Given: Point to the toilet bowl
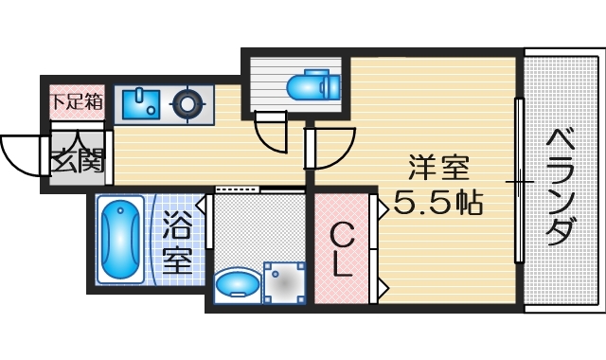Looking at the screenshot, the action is pos(309,86).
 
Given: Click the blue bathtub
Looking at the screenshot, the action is pos(121,240).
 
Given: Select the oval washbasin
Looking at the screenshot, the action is pos(236,283).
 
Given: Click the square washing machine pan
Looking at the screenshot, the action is pos(283,282).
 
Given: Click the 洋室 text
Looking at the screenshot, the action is pos(438,168).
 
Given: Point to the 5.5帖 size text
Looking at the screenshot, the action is pos(437,202).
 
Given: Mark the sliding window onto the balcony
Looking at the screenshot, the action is pos(518,180).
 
